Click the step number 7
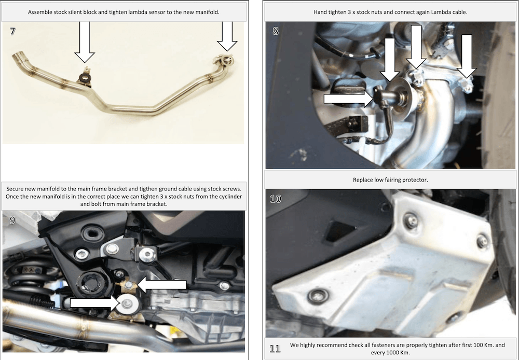pyautogui.click(x=12, y=31)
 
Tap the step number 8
pyautogui.click(x=276, y=31)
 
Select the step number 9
pyautogui.click(x=12, y=220)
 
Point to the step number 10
pyautogui.click(x=276, y=199)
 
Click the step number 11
pyautogui.click(x=275, y=348)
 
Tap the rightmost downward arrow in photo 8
pyautogui.click(x=467, y=56)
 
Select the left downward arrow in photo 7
pyautogui.click(x=85, y=42)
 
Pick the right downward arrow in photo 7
pyautogui.click(x=227, y=36)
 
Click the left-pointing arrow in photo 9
pyautogui.click(x=161, y=285)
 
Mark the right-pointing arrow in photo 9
pyautogui.click(x=94, y=303)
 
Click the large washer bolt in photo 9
pyautogui.click(x=127, y=304)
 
